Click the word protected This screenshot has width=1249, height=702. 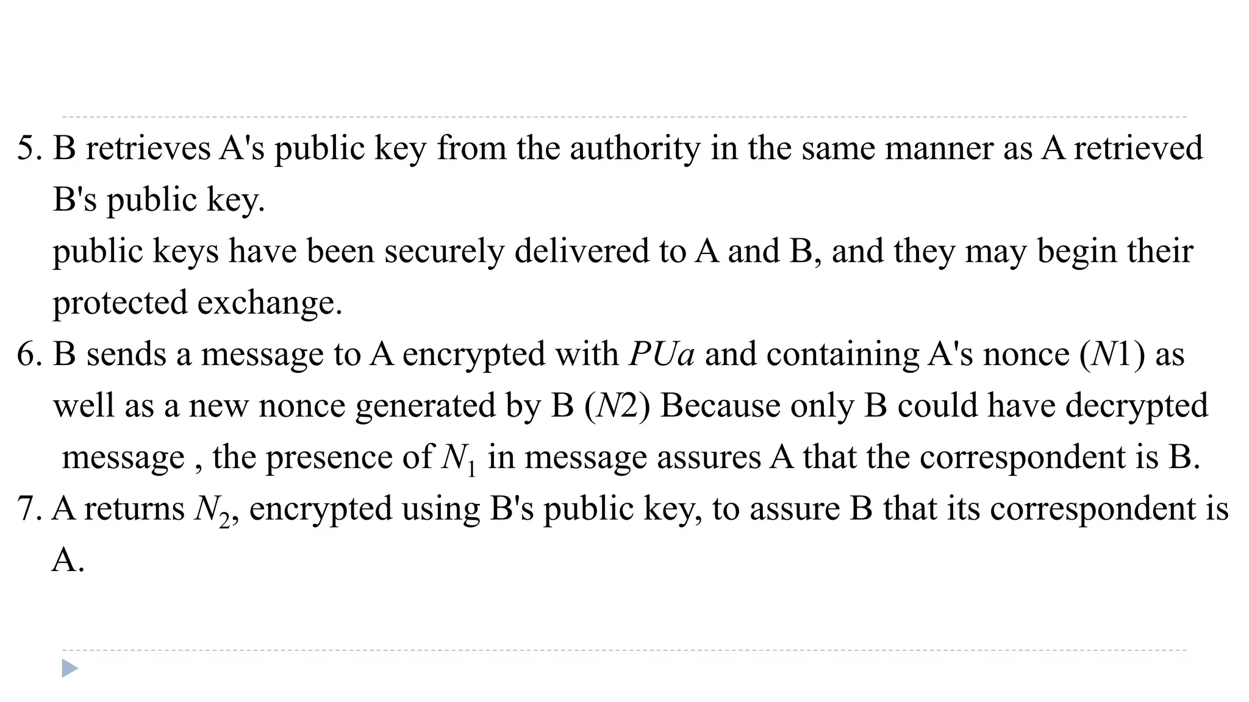pos(120,303)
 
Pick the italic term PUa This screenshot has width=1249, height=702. pos(662,355)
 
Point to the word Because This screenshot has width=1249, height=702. pos(720,406)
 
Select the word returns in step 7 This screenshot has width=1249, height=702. pos(134,509)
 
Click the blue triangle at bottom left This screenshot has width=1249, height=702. pos(70,668)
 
